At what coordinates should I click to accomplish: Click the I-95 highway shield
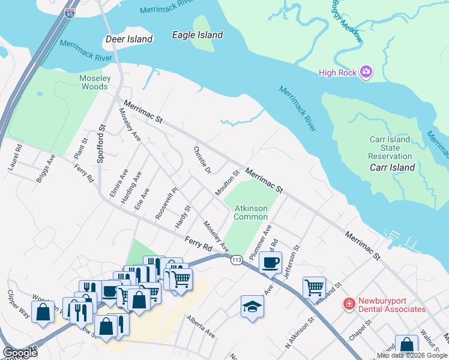[x=70, y=11]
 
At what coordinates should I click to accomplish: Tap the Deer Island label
[x=128, y=39]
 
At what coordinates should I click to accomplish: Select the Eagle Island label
[x=197, y=35]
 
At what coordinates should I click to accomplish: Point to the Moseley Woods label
[x=95, y=82]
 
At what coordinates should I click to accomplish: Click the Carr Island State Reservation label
[x=390, y=148]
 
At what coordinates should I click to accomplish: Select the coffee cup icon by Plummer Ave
[x=270, y=262]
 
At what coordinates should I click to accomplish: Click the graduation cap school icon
[x=252, y=307]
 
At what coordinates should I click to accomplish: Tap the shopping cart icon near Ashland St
[x=314, y=287]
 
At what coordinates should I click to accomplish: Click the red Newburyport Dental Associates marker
[x=348, y=305]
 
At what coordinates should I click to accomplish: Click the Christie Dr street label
[x=202, y=160]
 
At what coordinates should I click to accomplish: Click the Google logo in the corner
[x=20, y=353]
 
